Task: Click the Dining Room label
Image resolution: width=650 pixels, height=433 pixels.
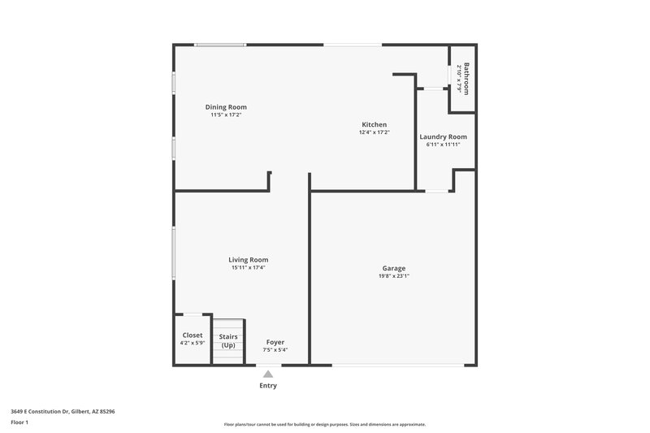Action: tap(226, 107)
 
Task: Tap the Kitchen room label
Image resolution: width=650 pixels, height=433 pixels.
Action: tap(375, 124)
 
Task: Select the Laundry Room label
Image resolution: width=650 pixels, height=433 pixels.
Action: tap(443, 136)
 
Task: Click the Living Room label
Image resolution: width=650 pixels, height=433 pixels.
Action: tap(249, 260)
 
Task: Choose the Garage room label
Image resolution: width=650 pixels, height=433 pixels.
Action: tap(394, 268)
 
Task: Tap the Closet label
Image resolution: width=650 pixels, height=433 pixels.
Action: tap(193, 335)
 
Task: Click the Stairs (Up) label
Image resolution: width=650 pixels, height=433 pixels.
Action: tap(228, 340)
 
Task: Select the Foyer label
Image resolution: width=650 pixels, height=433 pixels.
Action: tap(275, 342)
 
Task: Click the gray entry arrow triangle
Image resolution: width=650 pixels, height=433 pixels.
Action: tap(268, 373)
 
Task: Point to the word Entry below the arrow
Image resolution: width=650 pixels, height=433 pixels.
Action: tap(268, 386)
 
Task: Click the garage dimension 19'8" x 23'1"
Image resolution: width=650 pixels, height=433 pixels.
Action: tap(394, 276)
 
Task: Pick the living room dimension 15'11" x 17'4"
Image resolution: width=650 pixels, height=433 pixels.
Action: tap(249, 268)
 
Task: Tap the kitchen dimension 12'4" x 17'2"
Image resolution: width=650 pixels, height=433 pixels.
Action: tap(375, 132)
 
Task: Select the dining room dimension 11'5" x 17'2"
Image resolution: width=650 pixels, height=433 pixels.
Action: tap(226, 115)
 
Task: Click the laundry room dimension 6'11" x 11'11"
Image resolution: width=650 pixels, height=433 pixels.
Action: tap(443, 145)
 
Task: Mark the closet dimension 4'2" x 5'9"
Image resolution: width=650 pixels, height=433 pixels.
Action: tap(193, 343)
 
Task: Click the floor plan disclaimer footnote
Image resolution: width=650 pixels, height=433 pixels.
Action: tap(325, 424)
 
